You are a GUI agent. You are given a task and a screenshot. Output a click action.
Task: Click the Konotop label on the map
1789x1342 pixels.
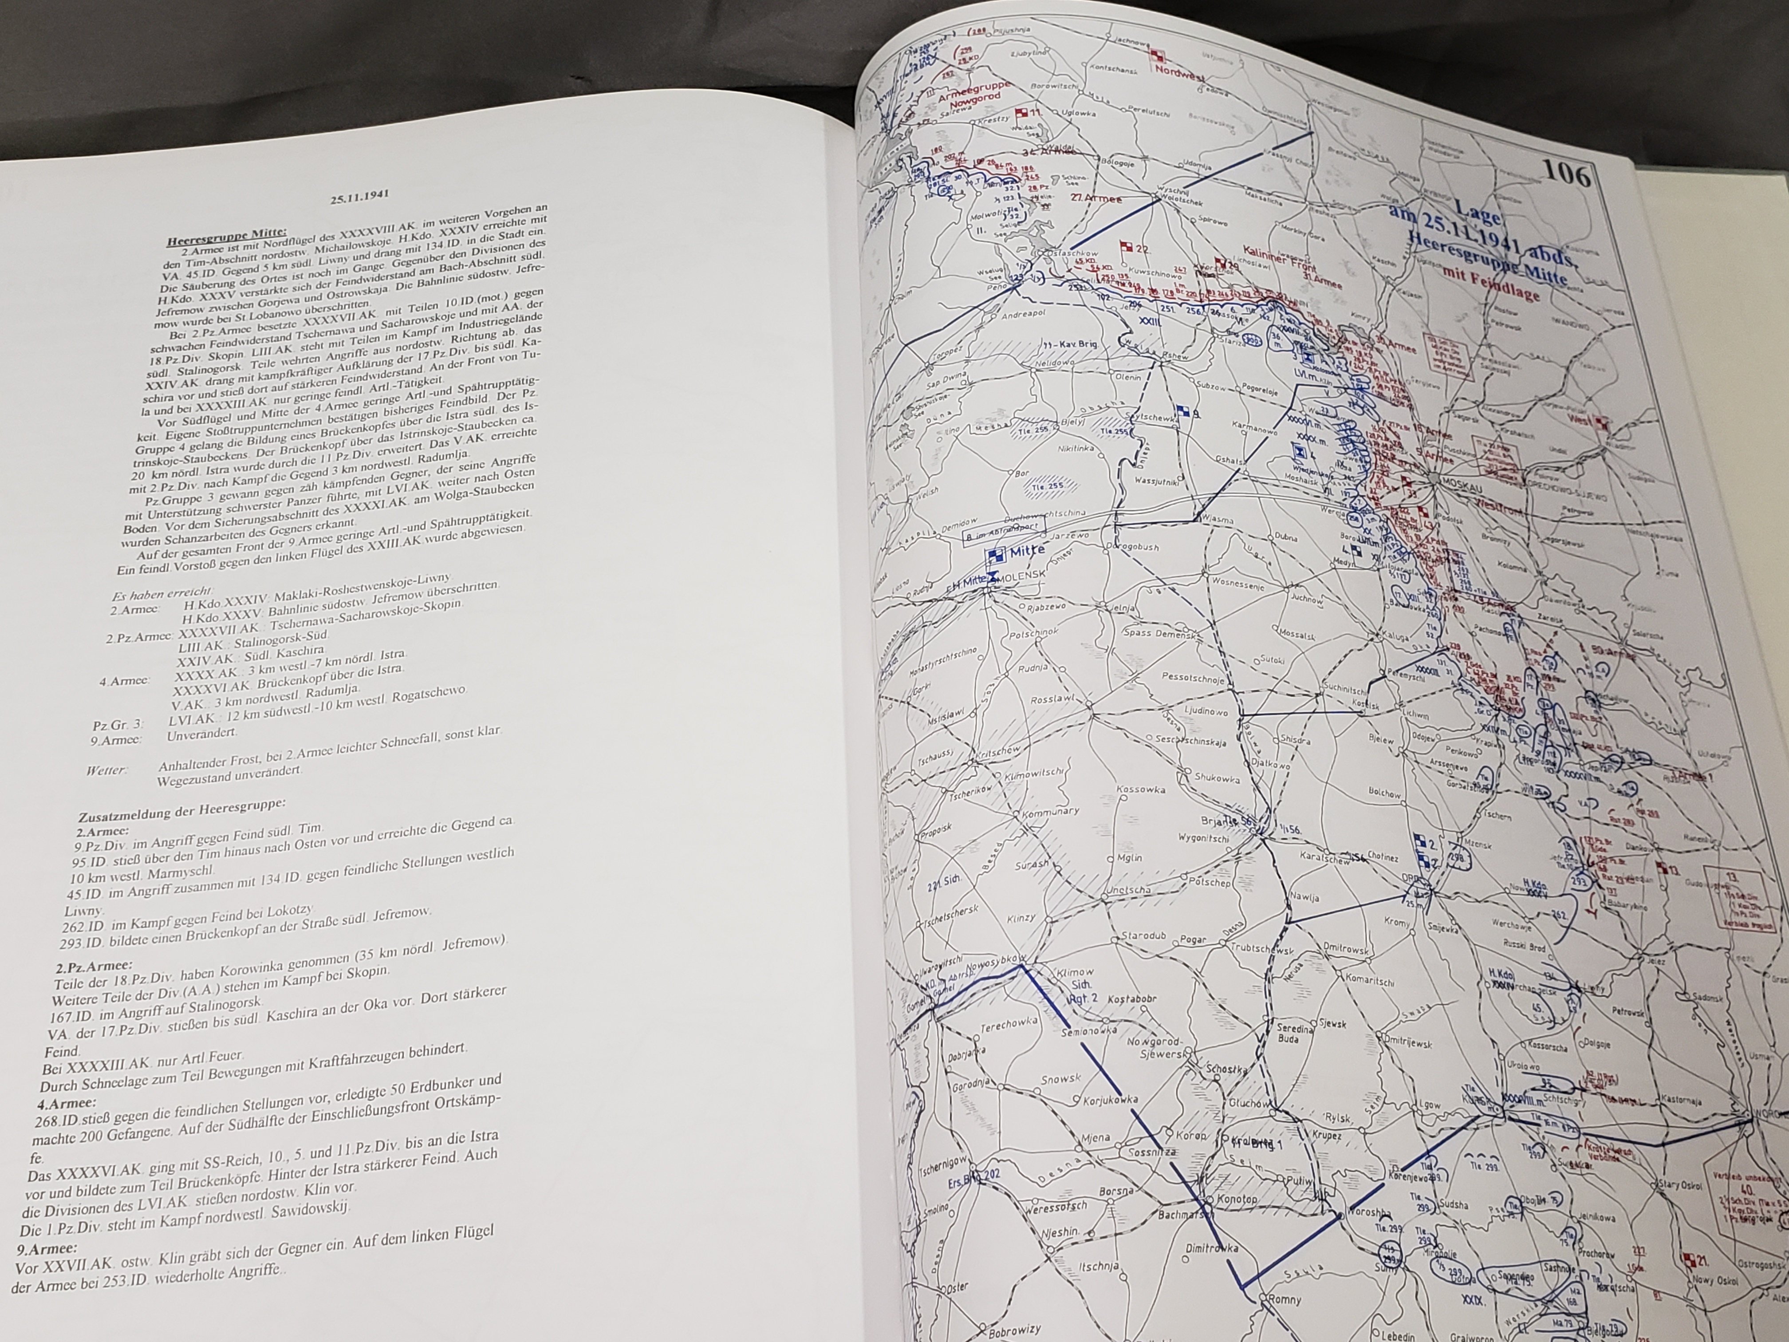tap(1232, 1198)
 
